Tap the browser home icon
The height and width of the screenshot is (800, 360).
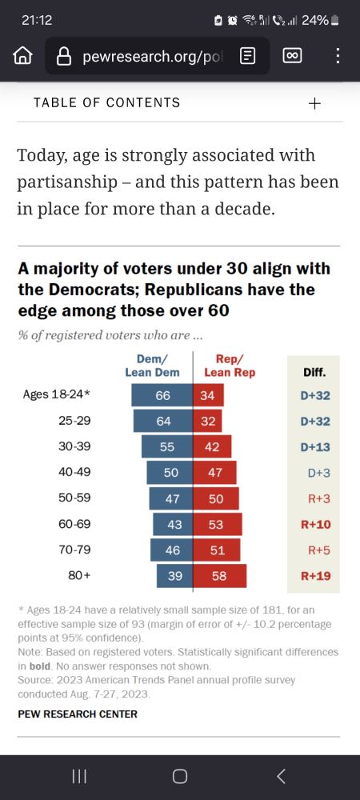point(23,56)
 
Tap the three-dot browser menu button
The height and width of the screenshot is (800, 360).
point(338,56)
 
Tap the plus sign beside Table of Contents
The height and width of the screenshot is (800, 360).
point(314,103)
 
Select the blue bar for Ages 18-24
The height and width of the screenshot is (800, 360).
point(162,395)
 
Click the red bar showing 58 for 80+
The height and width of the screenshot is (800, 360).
point(219,576)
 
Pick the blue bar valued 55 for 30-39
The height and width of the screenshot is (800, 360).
point(167,446)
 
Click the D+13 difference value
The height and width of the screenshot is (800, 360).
point(314,446)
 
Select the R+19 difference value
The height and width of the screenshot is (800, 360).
point(314,576)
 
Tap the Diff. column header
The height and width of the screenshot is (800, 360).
point(314,372)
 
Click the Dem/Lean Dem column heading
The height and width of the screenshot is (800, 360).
point(153,366)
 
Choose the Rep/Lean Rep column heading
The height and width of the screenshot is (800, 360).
point(230,366)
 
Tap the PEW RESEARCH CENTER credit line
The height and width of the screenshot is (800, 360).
point(78,714)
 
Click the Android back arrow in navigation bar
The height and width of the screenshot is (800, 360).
point(281,775)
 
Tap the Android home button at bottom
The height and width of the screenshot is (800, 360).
point(180,775)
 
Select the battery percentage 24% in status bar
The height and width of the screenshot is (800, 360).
point(314,20)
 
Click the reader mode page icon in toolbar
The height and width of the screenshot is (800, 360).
point(248,56)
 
